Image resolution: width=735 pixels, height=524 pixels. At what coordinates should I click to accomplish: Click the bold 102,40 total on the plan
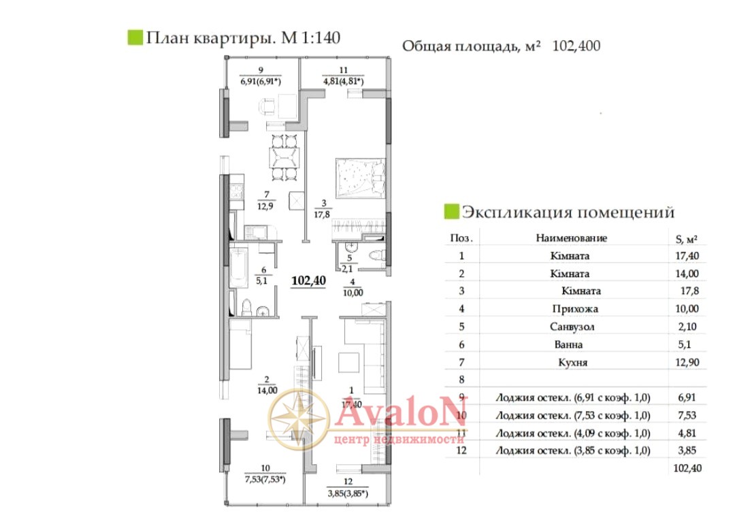[308, 281]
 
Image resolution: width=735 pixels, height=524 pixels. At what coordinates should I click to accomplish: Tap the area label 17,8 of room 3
[321, 214]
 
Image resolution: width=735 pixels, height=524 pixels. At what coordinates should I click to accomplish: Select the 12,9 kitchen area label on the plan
[265, 206]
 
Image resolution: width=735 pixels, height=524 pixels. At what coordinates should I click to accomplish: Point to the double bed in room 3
[361, 177]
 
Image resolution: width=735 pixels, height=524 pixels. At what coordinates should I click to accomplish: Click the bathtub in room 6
[239, 268]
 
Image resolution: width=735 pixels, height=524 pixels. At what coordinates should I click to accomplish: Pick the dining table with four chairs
[284, 157]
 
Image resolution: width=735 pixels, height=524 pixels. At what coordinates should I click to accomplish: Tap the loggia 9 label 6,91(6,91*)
[261, 82]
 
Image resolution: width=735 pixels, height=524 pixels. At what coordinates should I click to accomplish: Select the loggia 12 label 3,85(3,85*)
[348, 493]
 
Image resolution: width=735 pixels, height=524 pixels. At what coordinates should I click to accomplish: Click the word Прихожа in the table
[575, 309]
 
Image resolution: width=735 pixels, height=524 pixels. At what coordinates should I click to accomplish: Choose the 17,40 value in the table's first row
[687, 256]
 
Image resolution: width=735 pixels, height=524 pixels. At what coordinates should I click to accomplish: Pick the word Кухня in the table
[572, 362]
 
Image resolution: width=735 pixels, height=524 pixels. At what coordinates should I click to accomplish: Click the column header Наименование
[572, 238]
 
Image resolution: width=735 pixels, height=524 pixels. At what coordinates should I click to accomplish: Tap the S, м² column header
[686, 239]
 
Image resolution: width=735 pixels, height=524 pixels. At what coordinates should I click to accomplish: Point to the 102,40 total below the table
[687, 468]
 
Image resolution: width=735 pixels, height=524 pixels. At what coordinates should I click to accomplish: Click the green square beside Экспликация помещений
[451, 212]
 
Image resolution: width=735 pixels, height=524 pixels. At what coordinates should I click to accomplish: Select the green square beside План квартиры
[135, 37]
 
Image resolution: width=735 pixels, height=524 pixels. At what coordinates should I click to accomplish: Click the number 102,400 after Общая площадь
[576, 46]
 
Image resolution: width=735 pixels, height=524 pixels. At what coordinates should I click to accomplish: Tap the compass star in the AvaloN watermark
[299, 419]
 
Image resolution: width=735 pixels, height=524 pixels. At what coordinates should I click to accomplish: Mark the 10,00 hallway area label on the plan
[353, 293]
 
